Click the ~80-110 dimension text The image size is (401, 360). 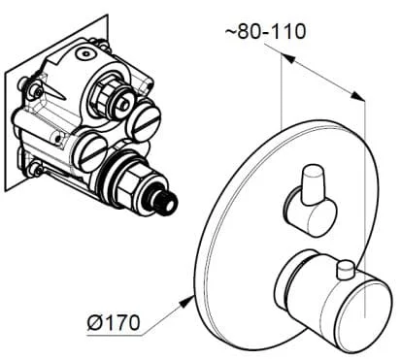click(265, 31)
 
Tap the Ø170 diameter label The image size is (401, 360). click(114, 322)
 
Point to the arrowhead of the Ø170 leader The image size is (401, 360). click(187, 301)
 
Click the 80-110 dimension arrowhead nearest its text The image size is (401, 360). click(287, 59)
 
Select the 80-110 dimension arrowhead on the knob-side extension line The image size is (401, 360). click(358, 95)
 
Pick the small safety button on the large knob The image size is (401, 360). click(345, 271)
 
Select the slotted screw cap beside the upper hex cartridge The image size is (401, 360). click(147, 120)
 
